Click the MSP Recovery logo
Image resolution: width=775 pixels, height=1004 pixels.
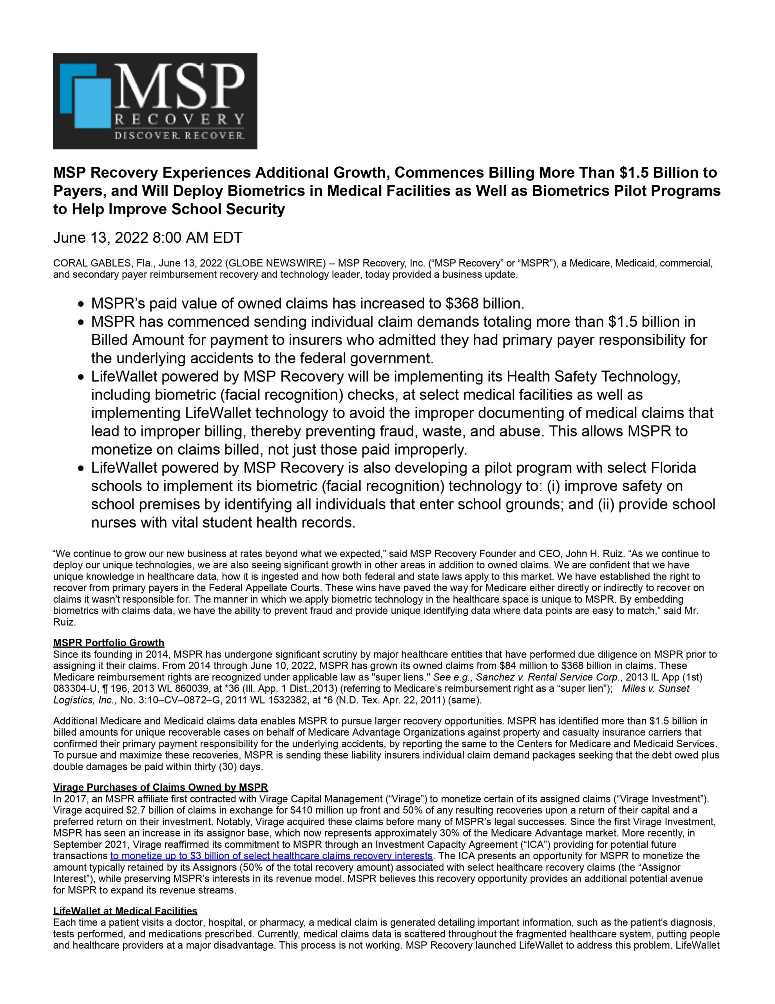[x=155, y=101]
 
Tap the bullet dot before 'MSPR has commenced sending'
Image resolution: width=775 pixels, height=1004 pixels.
[x=81, y=323]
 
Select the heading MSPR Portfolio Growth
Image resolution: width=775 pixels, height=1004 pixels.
[x=109, y=643]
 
